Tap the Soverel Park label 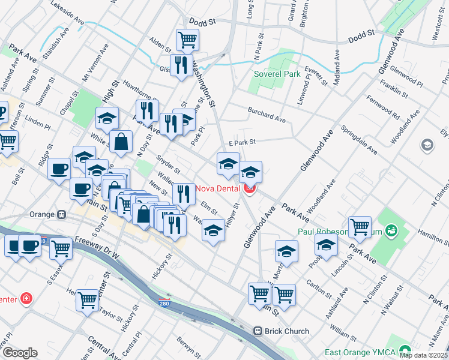(277, 74)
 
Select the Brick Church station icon (258, 331)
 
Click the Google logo (20, 353)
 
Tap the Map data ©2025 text (423, 355)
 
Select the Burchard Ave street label (267, 116)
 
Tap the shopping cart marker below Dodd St (187, 40)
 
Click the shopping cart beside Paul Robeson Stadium (360, 227)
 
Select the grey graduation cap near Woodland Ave (427, 145)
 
